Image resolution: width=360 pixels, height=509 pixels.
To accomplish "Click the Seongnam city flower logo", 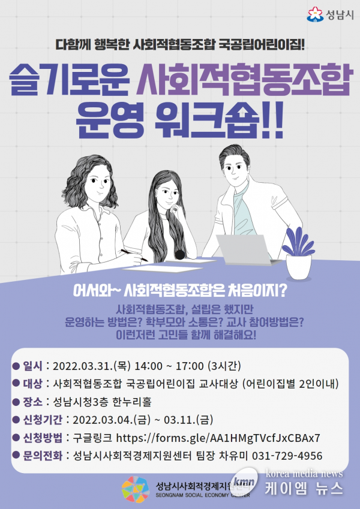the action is tap(315, 14).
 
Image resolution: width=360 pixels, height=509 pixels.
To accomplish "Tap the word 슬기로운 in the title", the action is tap(69, 80).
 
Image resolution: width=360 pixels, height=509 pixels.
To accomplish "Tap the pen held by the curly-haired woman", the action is tap(134, 255).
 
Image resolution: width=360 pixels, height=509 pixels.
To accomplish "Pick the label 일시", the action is tap(32, 366).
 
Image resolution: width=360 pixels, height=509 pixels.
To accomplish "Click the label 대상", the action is tap(32, 384).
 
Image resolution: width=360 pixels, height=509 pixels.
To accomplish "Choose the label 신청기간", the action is tap(42, 420).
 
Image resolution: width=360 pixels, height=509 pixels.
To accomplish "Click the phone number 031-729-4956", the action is tap(287, 456).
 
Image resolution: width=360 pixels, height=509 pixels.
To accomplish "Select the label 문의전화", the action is tap(42, 456).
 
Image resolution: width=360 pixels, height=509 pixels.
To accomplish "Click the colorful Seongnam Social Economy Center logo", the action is tap(136, 489).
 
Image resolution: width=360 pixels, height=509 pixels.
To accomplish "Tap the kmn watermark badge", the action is tap(244, 481).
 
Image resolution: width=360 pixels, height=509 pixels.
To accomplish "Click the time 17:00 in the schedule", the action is tap(190, 366).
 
